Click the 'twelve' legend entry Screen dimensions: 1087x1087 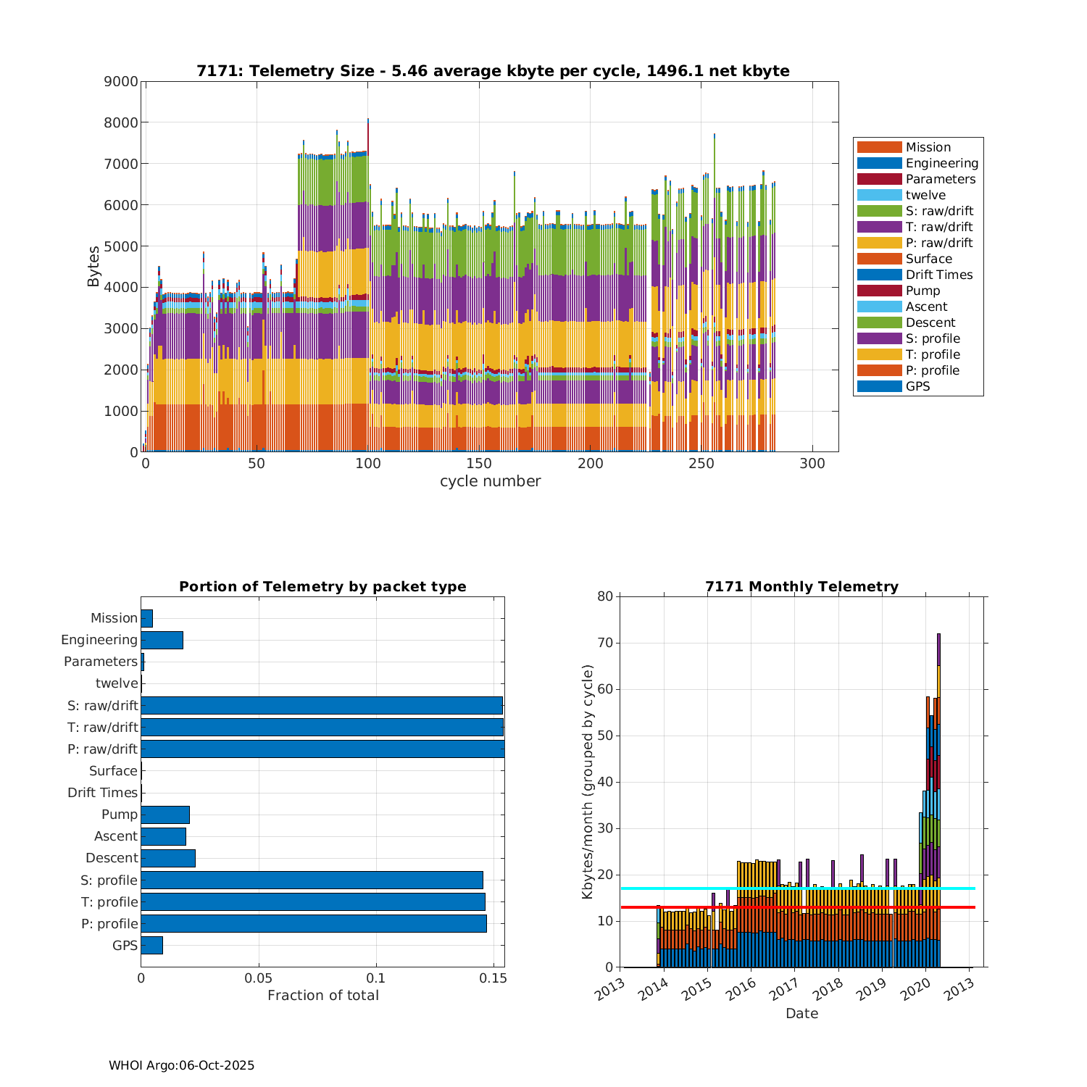tap(925, 195)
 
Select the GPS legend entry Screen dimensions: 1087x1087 tap(917, 386)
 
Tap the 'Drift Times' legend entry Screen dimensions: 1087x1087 tap(938, 275)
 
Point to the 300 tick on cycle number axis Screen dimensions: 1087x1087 tap(812, 464)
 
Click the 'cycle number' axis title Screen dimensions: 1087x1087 tap(490, 481)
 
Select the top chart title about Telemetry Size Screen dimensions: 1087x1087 tap(493, 71)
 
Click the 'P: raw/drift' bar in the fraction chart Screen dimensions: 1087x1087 tap(322, 749)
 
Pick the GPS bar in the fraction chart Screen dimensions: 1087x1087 tap(151, 946)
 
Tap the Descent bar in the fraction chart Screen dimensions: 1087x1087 tap(168, 859)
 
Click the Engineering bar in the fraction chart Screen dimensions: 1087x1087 tap(162, 641)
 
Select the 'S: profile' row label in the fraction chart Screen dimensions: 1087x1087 tap(109, 880)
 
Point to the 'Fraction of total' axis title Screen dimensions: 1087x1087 tap(322, 996)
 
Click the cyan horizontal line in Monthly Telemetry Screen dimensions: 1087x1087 tap(797, 888)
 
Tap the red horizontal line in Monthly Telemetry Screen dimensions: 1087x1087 tap(797, 907)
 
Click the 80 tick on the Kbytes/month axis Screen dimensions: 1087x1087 tap(604, 597)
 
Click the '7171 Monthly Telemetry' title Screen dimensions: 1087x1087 tap(801, 587)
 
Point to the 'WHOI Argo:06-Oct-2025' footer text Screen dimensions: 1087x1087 tap(181, 1065)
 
